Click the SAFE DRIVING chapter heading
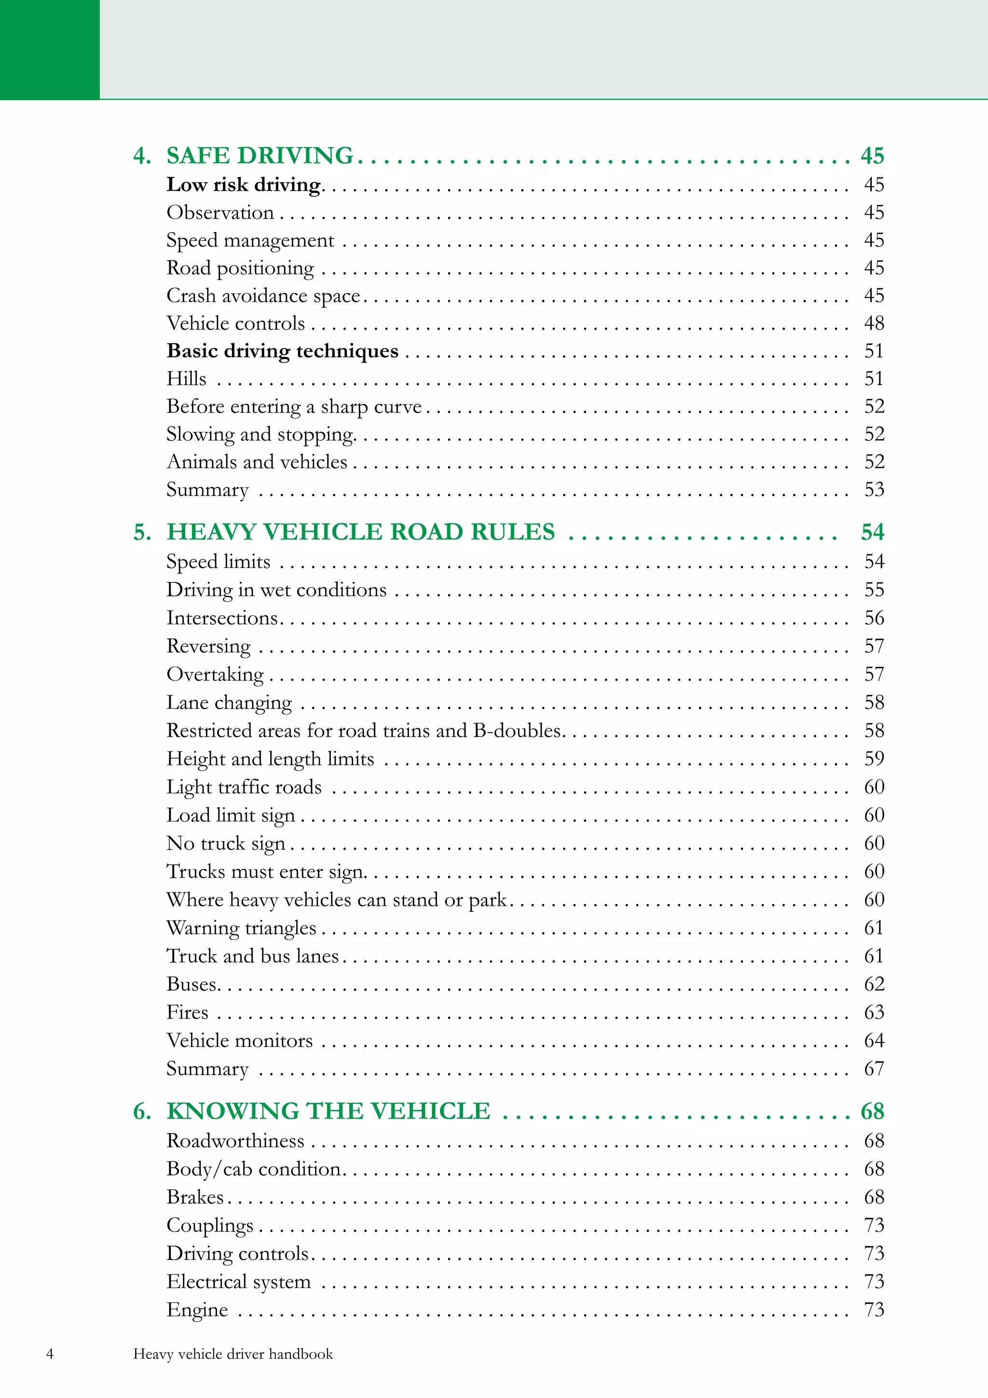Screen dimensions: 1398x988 pos(260,156)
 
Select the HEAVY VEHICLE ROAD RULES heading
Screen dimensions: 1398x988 pos(360,532)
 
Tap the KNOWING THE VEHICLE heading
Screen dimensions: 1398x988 pos(328,1111)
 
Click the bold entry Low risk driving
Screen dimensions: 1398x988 pos(244,184)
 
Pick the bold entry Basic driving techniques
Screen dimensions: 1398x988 pos(283,351)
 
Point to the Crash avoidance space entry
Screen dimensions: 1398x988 pos(263,296)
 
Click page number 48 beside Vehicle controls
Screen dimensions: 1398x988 pos(874,323)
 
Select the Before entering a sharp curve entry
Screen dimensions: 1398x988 pos(294,406)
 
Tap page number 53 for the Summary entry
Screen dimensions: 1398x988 pos(874,489)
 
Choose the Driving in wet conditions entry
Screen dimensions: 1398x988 pos(276,590)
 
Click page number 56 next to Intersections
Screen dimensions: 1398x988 pos(874,618)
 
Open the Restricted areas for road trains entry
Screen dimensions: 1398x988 pos(363,731)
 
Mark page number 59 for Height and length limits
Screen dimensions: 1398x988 pos(874,759)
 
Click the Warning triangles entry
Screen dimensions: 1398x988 pos(242,928)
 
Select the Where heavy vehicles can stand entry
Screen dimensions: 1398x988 pos(337,900)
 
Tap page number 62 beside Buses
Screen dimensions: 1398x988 pos(874,984)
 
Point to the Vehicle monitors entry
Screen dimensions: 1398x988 pos(240,1040)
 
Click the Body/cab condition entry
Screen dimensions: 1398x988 pos(254,1169)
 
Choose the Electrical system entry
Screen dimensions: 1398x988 pos(239,1282)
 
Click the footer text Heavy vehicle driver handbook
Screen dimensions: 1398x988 pos(233,1354)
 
